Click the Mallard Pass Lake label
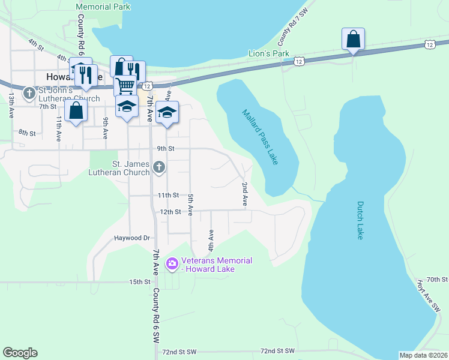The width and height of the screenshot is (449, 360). click(261, 137)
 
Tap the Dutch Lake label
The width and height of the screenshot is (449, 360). click(360, 220)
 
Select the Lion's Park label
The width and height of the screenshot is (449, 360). click(269, 53)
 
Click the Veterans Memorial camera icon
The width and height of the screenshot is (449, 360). click(172, 263)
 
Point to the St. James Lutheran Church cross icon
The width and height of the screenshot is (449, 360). click(158, 167)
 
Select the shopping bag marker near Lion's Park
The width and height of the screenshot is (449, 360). click(354, 39)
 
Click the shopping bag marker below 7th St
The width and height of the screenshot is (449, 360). click(76, 110)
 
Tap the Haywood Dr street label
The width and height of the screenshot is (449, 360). click(131, 238)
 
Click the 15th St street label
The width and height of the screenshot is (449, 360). click(139, 281)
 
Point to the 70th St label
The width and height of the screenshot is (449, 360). click(437, 280)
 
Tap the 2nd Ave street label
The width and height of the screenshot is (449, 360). click(245, 195)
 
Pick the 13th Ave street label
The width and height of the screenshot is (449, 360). click(11, 105)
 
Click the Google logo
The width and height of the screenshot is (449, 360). click(20, 353)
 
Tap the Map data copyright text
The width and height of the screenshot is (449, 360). click(423, 355)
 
